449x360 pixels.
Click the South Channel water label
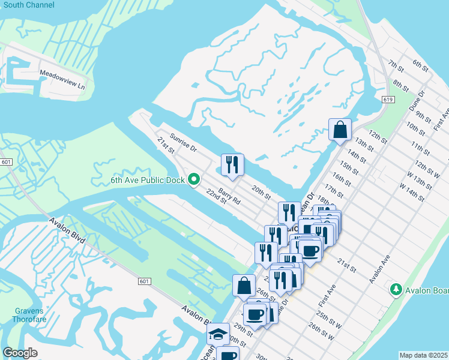tap(28, 5)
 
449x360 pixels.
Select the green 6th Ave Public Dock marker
tap(194, 179)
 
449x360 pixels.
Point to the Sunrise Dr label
tap(182, 142)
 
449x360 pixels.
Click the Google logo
tap(20, 353)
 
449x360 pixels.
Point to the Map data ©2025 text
tap(424, 355)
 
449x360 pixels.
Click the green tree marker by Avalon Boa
tap(396, 290)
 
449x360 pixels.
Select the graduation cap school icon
tap(218, 333)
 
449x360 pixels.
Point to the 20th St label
tap(262, 192)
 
